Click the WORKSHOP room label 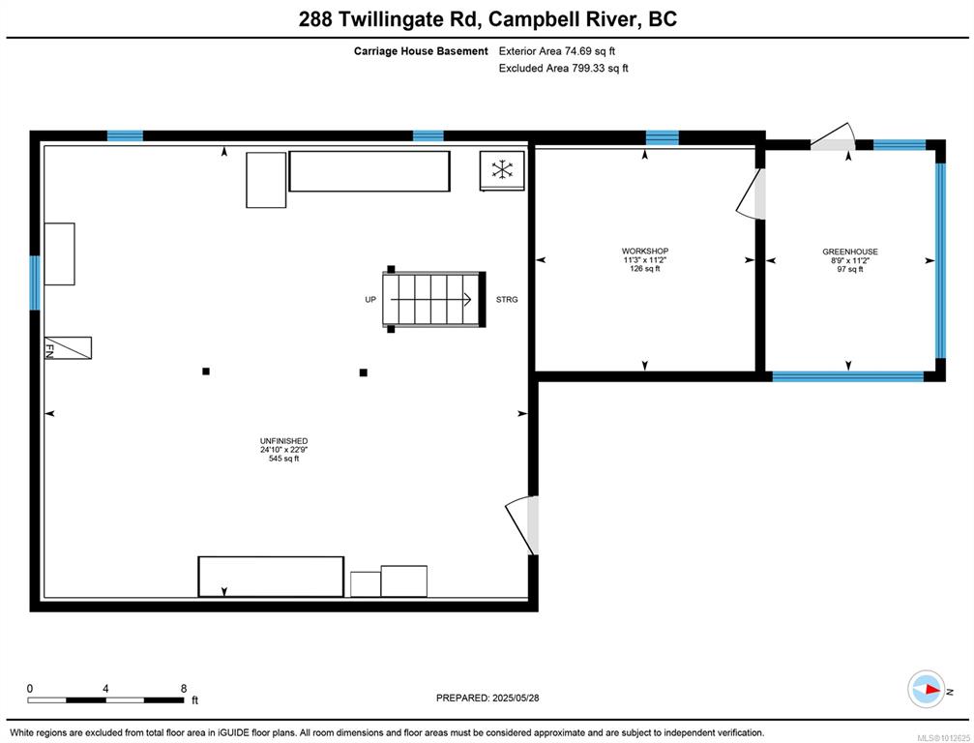(x=645, y=251)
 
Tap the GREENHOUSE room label (x=850, y=252)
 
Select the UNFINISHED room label (x=283, y=441)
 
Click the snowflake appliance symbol (x=502, y=169)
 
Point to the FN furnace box (x=68, y=348)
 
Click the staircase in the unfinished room (x=433, y=300)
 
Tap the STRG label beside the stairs (x=507, y=300)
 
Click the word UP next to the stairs (x=370, y=300)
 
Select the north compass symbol (x=927, y=689)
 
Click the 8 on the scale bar (x=184, y=688)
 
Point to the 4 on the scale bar (x=105, y=688)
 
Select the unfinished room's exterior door (x=522, y=525)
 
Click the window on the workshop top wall (x=663, y=137)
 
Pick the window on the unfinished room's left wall (x=35, y=282)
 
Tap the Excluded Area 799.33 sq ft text (x=563, y=69)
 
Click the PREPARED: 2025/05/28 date (x=487, y=698)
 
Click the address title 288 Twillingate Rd (x=389, y=19)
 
